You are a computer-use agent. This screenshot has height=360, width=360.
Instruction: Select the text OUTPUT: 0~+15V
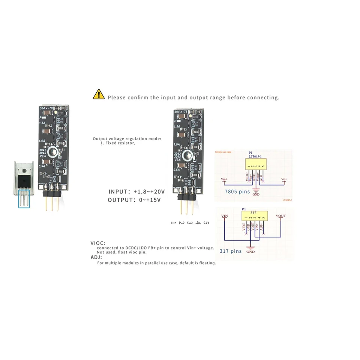pos(134,200)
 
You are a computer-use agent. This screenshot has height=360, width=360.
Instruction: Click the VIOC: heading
pos(98,243)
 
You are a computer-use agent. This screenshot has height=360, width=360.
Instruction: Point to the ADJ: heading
pos(96,258)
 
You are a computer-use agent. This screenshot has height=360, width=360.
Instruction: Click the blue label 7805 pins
pos(237,192)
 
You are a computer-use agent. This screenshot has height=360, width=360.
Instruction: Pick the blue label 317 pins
pos(231,251)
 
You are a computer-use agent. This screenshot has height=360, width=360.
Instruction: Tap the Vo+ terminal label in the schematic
pos(284,179)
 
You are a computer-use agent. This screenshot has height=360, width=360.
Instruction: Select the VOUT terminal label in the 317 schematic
pos(280,216)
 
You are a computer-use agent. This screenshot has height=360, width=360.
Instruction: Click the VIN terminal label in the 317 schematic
pos(225,216)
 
